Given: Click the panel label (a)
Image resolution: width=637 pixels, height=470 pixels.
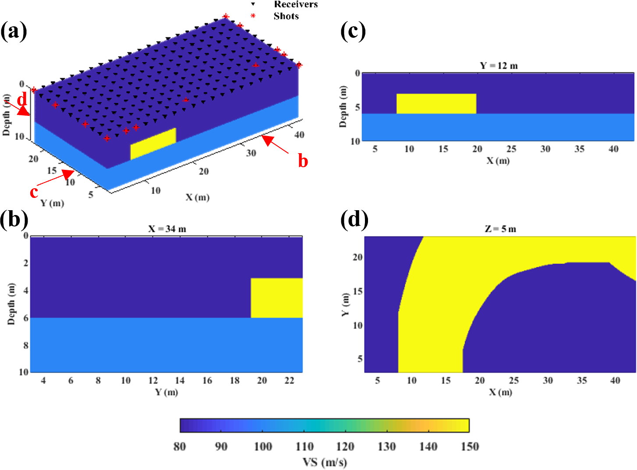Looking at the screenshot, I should [x=14, y=32].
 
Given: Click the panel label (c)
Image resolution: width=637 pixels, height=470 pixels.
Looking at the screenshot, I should [x=353, y=32].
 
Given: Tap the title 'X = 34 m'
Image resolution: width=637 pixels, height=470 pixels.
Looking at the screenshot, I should [x=167, y=229].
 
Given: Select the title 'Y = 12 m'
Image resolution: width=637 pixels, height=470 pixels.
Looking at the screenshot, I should [x=499, y=66].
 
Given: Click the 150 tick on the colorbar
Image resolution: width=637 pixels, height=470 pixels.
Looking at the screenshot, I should [x=470, y=446].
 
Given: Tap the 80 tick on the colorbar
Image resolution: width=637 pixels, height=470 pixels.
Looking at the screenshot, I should [x=180, y=446].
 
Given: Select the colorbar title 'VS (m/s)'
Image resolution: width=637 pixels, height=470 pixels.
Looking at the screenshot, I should [x=325, y=462].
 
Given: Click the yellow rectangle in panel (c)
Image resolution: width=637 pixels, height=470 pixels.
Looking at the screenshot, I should [x=436, y=104].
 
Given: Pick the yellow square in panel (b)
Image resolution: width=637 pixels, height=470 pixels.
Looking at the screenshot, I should [x=276, y=298].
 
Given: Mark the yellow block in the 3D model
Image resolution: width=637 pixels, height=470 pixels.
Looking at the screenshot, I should [x=153, y=144].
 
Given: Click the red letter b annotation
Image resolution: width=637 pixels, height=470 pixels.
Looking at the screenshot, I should [x=303, y=161].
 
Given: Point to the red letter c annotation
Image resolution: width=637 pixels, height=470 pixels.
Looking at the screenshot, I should [x=34, y=192].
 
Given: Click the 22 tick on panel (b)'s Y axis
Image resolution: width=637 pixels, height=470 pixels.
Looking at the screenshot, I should [x=289, y=380].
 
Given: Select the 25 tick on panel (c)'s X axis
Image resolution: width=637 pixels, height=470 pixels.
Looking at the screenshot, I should [x=511, y=149].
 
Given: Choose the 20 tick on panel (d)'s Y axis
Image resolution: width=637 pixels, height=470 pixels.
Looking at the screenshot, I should [x=358, y=257].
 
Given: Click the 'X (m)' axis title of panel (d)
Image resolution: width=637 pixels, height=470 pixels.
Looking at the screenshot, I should [x=500, y=392].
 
